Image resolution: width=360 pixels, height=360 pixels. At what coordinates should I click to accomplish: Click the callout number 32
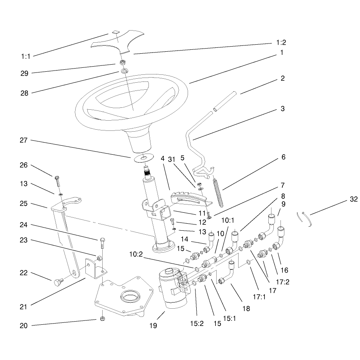354,199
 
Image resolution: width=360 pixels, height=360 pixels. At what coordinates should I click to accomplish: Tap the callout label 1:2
281,42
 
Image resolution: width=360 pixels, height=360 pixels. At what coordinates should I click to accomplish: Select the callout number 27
24,140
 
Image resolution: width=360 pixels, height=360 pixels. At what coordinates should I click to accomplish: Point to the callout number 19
153,326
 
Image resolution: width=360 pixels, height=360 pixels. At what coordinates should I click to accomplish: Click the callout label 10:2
136,254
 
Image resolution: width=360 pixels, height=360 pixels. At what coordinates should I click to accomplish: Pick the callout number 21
24,307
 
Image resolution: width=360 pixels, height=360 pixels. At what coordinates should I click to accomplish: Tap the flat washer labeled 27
144,158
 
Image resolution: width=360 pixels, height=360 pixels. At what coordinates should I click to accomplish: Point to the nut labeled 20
103,318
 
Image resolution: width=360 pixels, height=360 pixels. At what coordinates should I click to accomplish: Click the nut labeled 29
122,62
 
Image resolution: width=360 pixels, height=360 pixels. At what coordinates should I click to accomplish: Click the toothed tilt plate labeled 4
191,199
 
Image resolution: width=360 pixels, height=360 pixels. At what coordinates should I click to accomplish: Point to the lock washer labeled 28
125,71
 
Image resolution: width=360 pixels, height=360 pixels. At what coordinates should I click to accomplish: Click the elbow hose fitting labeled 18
226,273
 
